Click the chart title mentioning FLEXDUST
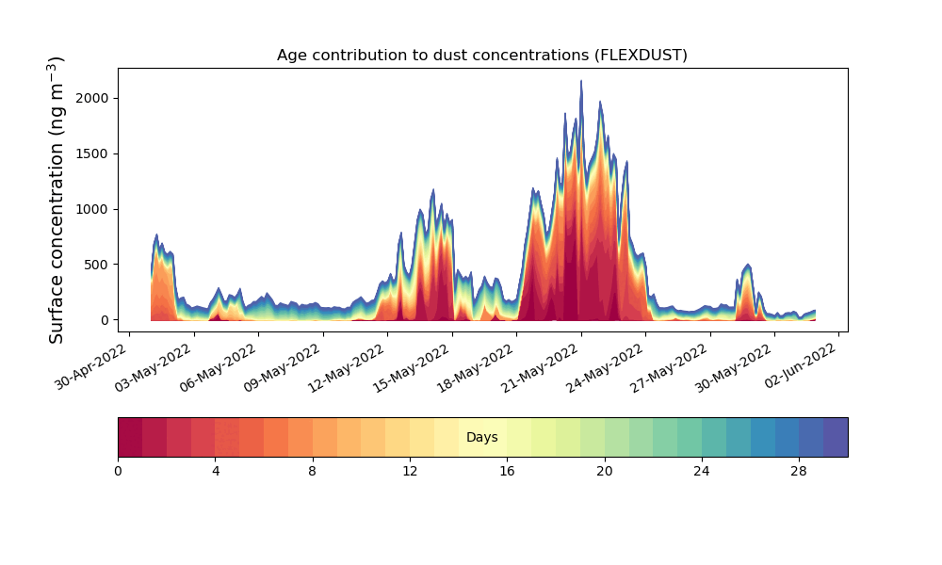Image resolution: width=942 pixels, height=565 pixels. (481, 55)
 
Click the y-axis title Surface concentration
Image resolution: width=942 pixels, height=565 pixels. (57, 200)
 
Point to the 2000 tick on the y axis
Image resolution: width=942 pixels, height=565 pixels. (93, 98)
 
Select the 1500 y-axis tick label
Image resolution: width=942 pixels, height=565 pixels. (93, 153)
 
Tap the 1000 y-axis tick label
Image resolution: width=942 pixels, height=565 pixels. (93, 209)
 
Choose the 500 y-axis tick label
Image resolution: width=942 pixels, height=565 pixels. (97, 265)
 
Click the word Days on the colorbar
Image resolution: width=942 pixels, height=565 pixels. (481, 438)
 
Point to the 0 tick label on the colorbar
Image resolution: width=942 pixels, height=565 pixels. (118, 470)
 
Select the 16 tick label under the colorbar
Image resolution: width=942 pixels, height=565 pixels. (507, 470)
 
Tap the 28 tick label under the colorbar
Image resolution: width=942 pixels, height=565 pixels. (799, 470)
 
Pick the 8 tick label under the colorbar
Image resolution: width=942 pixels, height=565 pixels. (313, 470)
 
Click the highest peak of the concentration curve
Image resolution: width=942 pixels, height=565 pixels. (580, 82)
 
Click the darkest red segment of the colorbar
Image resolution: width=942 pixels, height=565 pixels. (130, 437)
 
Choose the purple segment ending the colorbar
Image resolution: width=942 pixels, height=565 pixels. (836, 437)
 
